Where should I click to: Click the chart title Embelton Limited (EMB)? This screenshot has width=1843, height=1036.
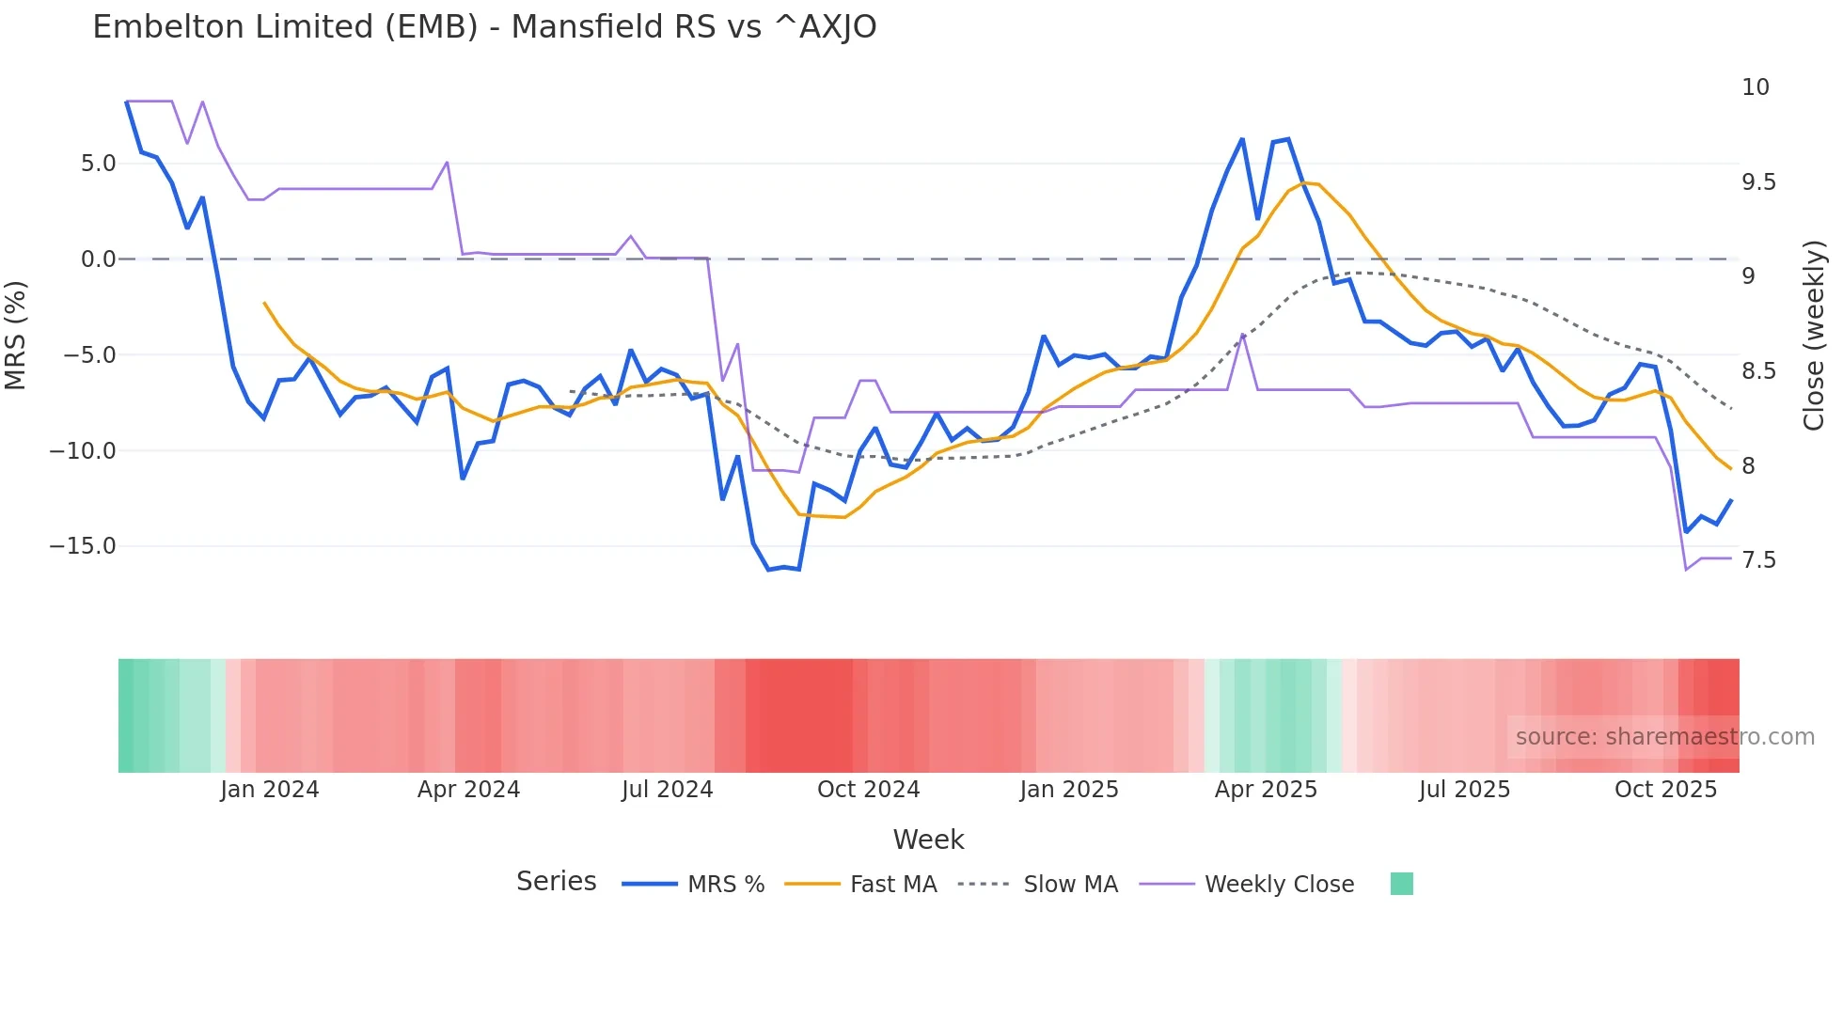pyautogui.click(x=484, y=27)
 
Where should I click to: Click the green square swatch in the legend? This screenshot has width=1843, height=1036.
pyautogui.click(x=1401, y=884)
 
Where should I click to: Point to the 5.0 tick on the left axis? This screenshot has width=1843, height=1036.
pyautogui.click(x=98, y=164)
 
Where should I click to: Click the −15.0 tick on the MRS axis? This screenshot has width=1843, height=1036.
pyautogui.click(x=83, y=546)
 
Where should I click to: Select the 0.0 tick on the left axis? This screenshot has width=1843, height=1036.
pyautogui.click(x=98, y=259)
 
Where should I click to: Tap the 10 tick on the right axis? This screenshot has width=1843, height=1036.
pyautogui.click(x=1755, y=87)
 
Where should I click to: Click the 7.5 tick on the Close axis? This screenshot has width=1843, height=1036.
pyautogui.click(x=1758, y=560)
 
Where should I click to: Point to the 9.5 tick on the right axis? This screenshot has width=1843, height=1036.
pyautogui.click(x=1758, y=182)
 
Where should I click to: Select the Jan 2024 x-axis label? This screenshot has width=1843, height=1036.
pyautogui.click(x=270, y=790)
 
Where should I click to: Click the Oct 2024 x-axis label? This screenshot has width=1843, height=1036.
pyautogui.click(x=868, y=790)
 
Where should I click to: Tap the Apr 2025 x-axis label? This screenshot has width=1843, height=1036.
pyautogui.click(x=1266, y=790)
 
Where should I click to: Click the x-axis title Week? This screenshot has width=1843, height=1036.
pyautogui.click(x=928, y=840)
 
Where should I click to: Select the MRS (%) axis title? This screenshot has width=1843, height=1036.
pyautogui.click(x=16, y=336)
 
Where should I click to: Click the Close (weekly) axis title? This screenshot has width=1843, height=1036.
pyautogui.click(x=1814, y=336)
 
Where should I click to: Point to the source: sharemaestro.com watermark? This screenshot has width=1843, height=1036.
pyautogui.click(x=1664, y=737)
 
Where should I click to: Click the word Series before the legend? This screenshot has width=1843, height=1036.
pyautogui.click(x=556, y=882)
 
